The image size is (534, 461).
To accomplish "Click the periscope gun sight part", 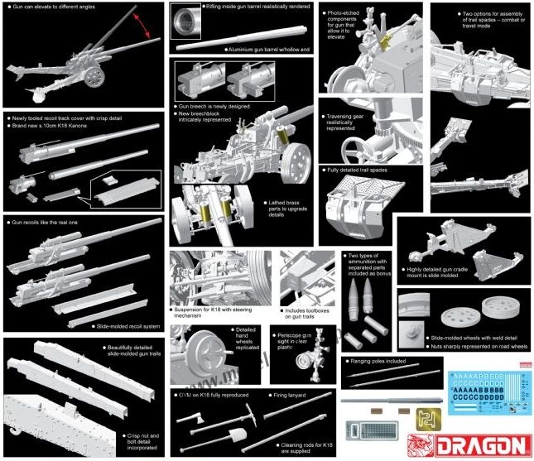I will [313, 362].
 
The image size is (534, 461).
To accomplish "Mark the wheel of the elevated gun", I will [95, 76].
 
